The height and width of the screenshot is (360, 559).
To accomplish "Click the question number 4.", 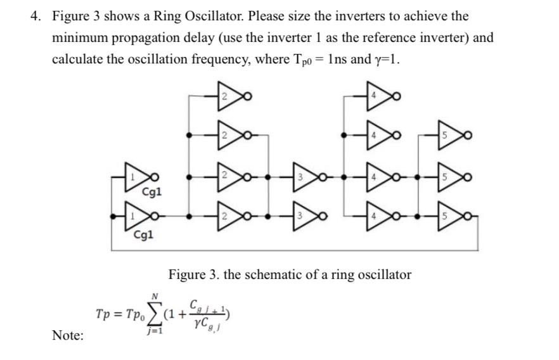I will point(35,16).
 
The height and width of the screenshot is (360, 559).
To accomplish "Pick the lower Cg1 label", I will point(143,236).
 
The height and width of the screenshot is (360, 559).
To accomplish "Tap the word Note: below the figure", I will point(67,335).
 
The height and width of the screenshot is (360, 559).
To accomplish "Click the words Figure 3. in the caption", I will point(193,274).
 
